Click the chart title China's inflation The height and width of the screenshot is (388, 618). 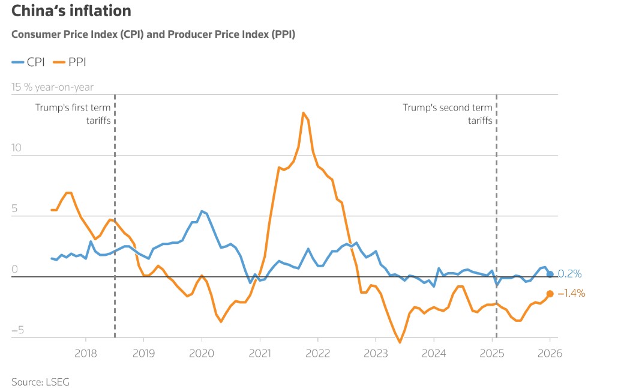(71, 11)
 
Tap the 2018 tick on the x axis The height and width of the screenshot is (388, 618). (85, 354)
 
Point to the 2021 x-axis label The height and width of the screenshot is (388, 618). (259, 354)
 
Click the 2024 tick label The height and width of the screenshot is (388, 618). (434, 354)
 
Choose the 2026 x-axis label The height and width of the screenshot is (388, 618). (550, 354)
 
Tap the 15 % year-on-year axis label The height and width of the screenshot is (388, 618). (53, 87)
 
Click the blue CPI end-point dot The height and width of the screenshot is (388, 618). (550, 274)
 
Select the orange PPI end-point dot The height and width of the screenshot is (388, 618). (550, 294)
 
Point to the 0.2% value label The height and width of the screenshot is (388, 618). (570, 274)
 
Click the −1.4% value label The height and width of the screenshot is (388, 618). (571, 293)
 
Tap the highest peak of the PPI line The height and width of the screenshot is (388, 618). (304, 112)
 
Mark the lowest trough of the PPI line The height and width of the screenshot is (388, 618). (400, 342)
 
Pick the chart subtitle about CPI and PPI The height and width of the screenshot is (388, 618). (153, 34)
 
